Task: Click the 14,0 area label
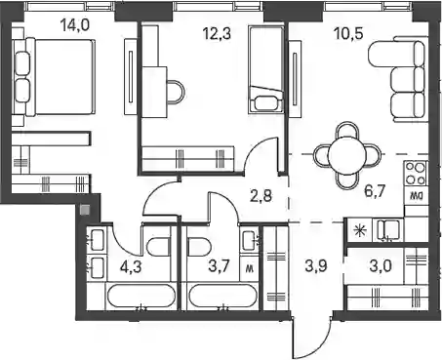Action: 75,25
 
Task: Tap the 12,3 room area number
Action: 217,33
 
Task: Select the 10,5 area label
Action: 348,33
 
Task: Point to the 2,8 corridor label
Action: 261,196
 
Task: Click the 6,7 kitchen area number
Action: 375,191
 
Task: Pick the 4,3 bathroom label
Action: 131,267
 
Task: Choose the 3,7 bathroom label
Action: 219,266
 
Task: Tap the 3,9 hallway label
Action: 316,266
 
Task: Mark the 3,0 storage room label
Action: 381,266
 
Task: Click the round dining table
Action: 347,155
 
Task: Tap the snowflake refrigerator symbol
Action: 360,230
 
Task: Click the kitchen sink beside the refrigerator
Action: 388,230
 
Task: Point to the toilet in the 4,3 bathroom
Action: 158,247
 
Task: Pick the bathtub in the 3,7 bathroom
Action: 221,296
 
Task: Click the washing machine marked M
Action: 250,268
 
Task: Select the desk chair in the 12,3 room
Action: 176,92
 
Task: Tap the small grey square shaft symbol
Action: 85,211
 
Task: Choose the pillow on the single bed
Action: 266,103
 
